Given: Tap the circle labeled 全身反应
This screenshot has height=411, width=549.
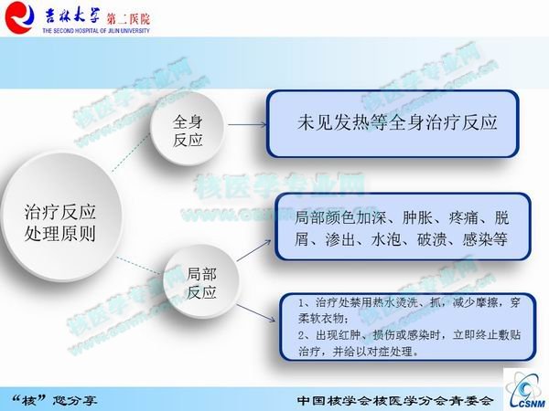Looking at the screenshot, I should (188, 131).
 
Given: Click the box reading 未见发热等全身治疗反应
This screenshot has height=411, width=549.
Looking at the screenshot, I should (396, 122).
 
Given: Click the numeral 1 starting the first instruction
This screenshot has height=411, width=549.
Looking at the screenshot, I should (304, 302).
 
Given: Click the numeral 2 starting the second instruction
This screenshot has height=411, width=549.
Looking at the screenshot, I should (304, 335).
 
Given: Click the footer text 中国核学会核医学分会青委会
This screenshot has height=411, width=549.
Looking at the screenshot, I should (396, 401).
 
